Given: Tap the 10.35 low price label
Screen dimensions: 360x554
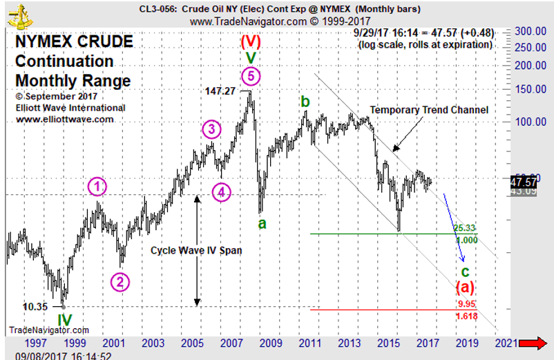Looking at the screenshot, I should coord(35,305).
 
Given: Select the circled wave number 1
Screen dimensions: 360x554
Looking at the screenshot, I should coord(98,186).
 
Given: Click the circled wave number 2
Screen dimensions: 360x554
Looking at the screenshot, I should coord(120,281).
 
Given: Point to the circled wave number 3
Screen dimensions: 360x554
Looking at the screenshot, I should coord(212,129).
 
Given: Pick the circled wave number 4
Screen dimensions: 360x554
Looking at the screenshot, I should coord(221,192).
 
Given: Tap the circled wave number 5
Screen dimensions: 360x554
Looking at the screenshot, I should coord(251,75).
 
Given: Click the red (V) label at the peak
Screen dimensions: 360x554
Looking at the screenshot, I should coord(251,40).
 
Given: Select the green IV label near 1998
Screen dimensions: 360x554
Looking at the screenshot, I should coord(64,320).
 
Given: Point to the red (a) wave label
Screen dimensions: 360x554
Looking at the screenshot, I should coord(464,286).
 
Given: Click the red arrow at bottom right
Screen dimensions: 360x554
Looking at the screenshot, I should coord(532,343).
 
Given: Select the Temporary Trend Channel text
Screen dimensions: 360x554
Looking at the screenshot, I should coord(429,110).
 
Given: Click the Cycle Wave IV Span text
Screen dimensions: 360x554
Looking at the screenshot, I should coord(196,251).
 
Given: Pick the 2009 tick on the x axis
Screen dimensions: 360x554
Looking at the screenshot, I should coord(271,343).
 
